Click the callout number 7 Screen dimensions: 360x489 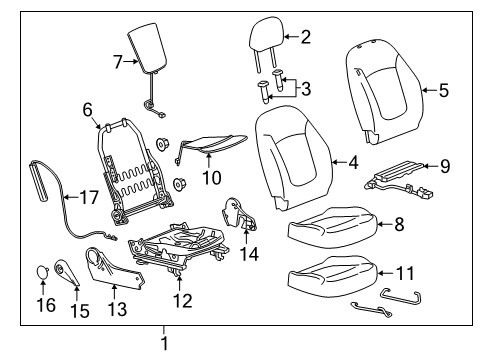[x=118, y=62]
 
